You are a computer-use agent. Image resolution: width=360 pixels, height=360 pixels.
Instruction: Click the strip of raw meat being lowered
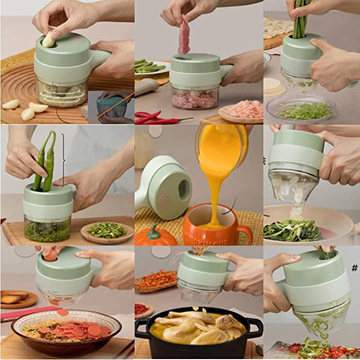coord(183,36)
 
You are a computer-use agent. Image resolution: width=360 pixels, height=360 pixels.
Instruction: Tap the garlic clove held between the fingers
coord(47,39)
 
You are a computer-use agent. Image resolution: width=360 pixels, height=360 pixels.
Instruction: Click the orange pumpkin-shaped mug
coord(212,225)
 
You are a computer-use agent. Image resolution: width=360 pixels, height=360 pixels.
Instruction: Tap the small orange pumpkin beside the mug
coord(153,237)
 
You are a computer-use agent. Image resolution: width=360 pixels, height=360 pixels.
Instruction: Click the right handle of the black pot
coord(256,326)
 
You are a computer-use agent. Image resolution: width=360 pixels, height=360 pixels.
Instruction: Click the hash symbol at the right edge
coord(354,268)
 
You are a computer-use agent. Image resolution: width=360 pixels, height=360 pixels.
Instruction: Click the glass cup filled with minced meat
coord(194,98)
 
